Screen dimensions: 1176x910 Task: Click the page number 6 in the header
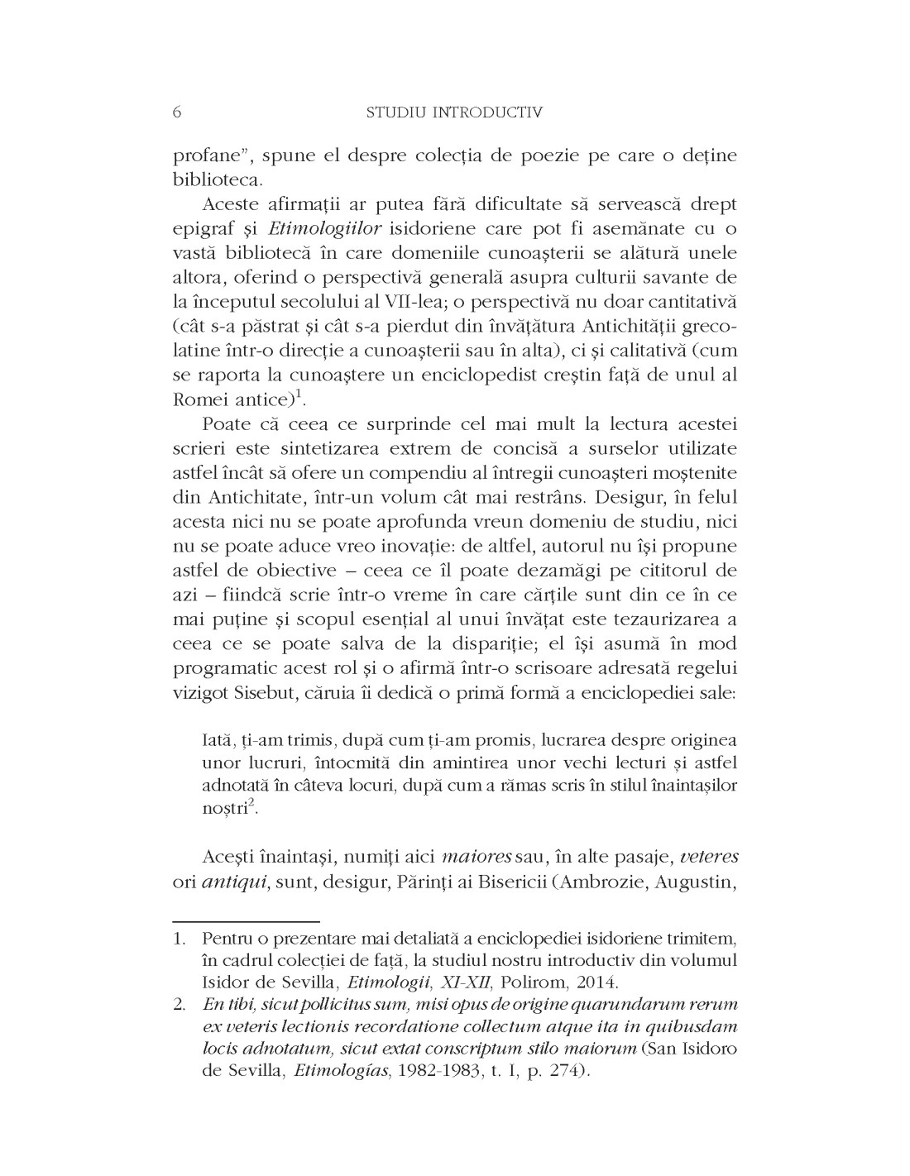(178, 112)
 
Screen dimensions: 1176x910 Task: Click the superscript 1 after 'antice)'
(303, 394)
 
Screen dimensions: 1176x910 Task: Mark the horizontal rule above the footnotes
(247, 919)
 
